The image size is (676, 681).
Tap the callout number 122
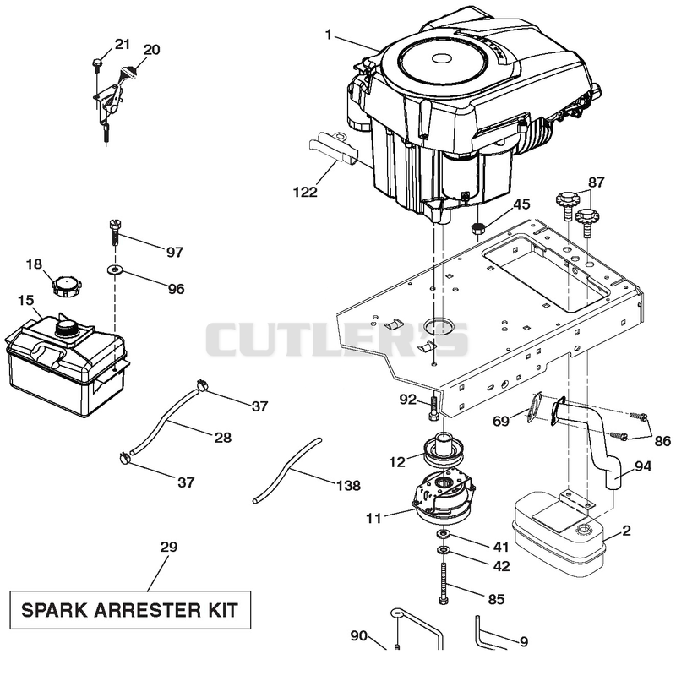click(305, 192)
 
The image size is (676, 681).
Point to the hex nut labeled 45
click(477, 228)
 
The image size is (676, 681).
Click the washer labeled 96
click(115, 270)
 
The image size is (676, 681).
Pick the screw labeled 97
click(115, 233)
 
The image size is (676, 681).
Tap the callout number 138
click(348, 485)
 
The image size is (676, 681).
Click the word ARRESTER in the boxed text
click(145, 610)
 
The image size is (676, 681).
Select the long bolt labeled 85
click(443, 582)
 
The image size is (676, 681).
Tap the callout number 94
click(643, 466)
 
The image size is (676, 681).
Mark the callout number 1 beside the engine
click(329, 35)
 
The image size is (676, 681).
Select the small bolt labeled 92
click(433, 408)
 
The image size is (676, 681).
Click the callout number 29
click(168, 547)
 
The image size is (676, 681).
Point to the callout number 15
click(26, 300)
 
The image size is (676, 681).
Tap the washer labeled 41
click(442, 533)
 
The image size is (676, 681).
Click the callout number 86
click(662, 441)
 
